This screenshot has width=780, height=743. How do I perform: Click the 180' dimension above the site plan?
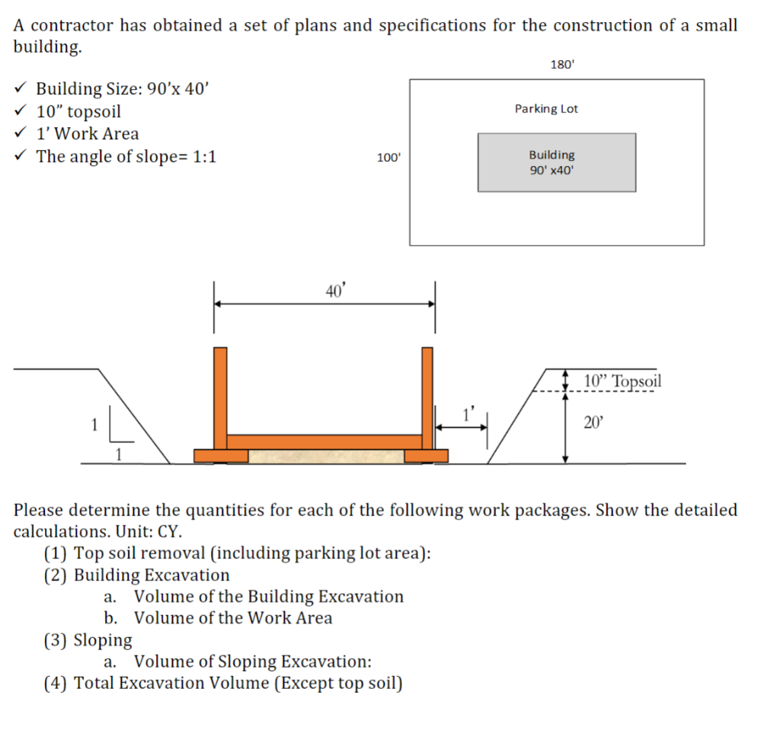coord(561,65)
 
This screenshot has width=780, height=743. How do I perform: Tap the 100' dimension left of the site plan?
coord(388,158)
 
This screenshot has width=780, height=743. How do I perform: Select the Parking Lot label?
coord(546,109)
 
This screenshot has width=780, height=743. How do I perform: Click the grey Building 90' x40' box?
coord(556,162)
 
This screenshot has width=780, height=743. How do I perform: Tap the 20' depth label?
coord(593,423)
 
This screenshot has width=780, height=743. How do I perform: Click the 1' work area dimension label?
coord(468,415)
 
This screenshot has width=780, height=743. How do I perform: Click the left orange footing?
coord(221,455)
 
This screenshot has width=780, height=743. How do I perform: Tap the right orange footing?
coord(426,455)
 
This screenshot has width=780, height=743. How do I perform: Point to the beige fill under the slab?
coord(325,456)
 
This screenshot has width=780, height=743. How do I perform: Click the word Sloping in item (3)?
coord(103,639)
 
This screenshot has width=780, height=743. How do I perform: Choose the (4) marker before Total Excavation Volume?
coord(56,682)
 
